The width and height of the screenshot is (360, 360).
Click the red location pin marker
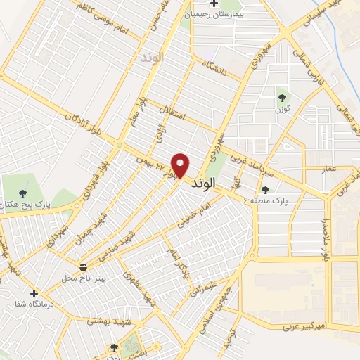(x=181, y=165)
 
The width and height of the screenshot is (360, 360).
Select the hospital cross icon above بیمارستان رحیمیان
(x=213, y=4)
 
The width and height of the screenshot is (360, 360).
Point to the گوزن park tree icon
(x=282, y=98)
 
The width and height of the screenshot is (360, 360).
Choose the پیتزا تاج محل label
(x=84, y=279)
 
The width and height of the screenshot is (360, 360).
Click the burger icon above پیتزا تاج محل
(x=84, y=267)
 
